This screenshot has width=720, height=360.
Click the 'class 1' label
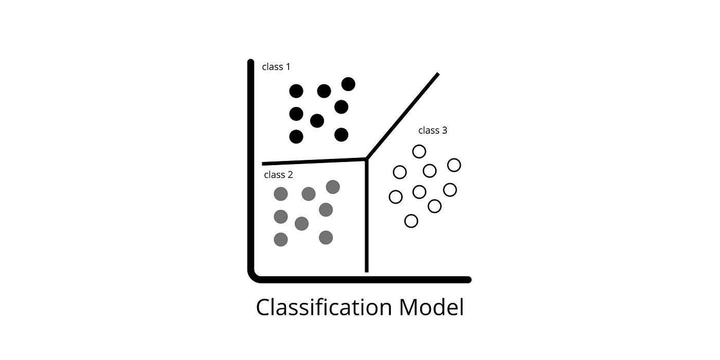coord(276,67)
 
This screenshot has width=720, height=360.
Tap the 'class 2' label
coord(278,175)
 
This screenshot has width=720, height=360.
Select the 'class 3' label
coord(433,131)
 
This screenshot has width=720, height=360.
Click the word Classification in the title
coord(324,308)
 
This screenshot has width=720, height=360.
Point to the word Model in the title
coord(431,308)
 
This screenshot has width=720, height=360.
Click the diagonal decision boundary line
coord(402,116)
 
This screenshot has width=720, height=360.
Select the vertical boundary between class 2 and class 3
coord(367,215)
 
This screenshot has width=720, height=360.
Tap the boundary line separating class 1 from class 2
coord(314,161)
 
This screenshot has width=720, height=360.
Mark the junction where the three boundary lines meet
coord(366,159)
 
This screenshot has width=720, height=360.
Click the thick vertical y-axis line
coord(251,164)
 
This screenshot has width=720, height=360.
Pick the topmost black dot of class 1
coord(349,84)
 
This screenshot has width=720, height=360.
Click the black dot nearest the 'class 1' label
coord(296,92)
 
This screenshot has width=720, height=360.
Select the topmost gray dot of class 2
coord(333,187)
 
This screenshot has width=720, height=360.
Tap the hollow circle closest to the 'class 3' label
coord(419,151)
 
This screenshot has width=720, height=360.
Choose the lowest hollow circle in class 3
coord(411,221)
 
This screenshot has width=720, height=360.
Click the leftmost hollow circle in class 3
coord(395,197)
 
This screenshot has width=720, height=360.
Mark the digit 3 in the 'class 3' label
coord(444,131)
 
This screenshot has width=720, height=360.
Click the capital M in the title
coord(408,308)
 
